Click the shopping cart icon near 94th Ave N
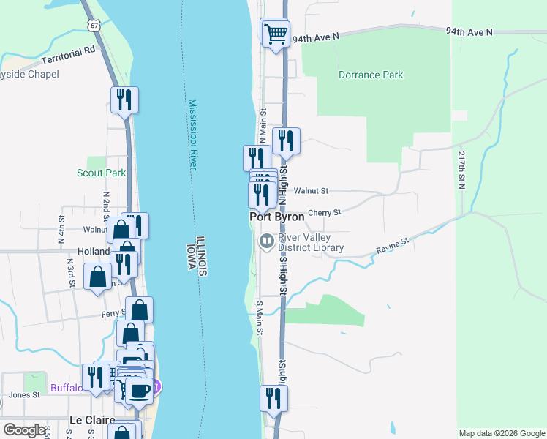[276, 33]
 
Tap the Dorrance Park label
[371, 75]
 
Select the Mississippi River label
[193, 135]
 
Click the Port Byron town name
[277, 217]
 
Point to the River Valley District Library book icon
[266, 241]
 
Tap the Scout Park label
[101, 173]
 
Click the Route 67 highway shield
[93, 25]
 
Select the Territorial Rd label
[69, 55]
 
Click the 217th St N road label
[462, 170]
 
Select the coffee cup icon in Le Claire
[138, 389]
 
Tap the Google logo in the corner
[24, 430]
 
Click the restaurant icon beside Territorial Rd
[124, 100]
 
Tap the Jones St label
[20, 395]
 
